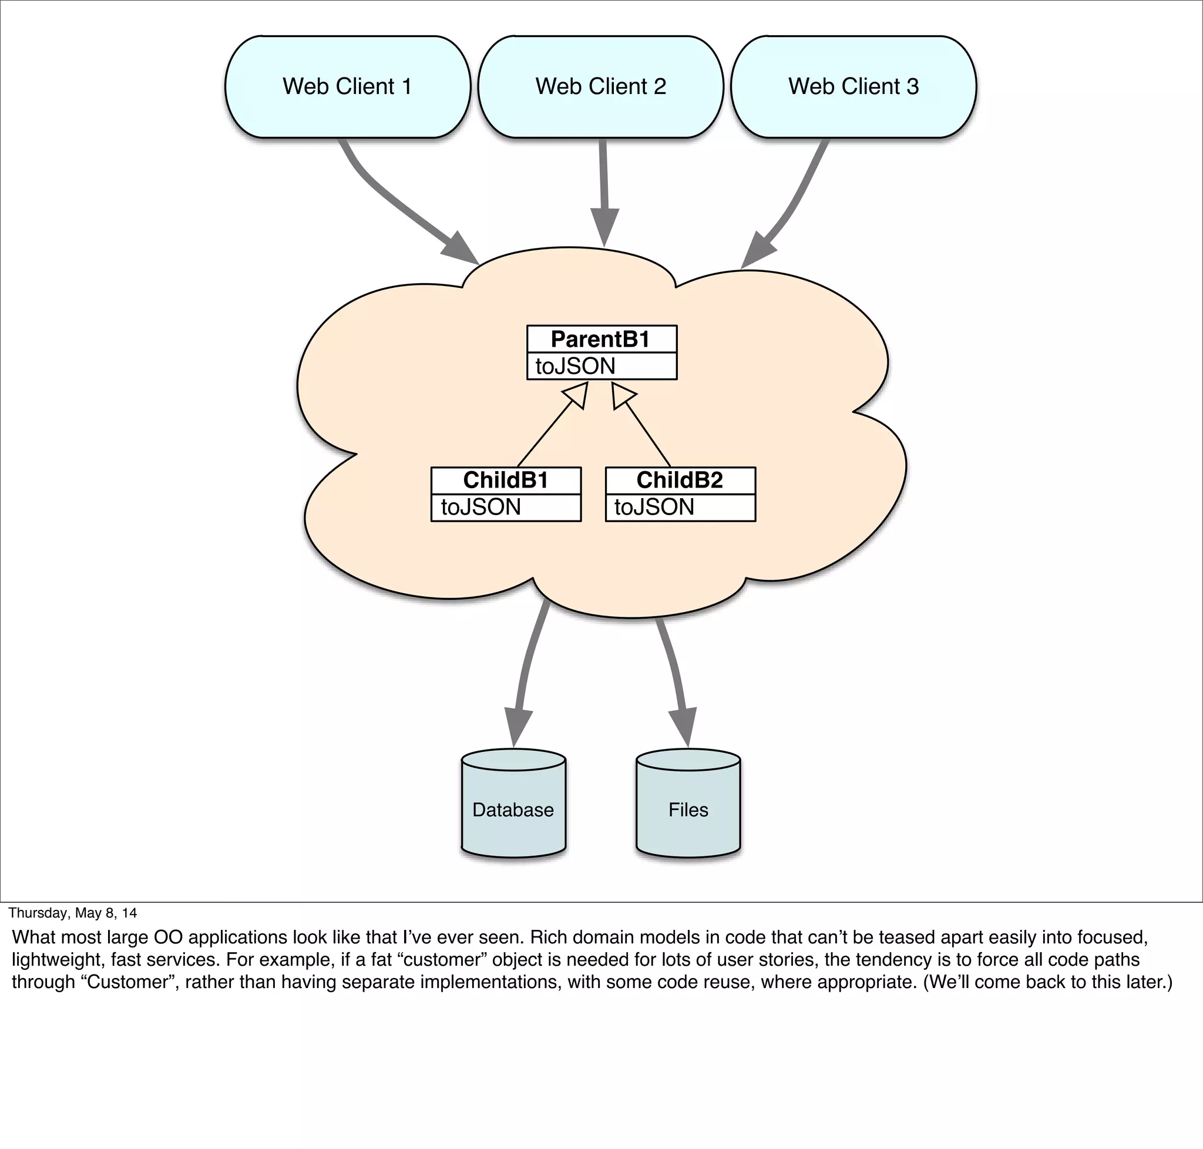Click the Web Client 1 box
pos(347,86)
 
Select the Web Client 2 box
pos(600,86)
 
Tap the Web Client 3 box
pos(853,86)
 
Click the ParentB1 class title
pos(600,339)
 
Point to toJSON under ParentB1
pos(575,367)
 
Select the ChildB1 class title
pos(505,480)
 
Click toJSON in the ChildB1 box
pos(481,507)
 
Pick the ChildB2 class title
pos(679,480)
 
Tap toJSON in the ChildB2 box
pos(654,507)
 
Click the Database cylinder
pos(513,808)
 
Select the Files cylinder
pos(688,808)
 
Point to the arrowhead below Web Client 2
pos(604,228)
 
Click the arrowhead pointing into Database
pos(517,727)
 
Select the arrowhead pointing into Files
pos(684,727)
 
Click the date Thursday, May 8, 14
pos(72,913)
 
